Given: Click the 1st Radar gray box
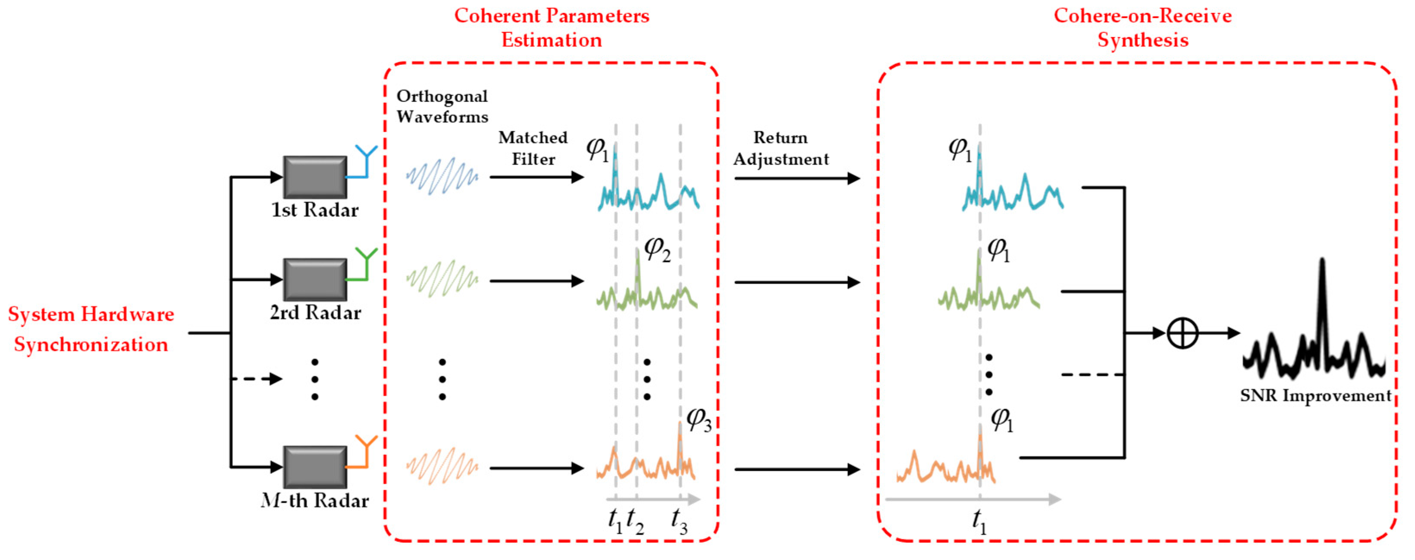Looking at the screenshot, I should click(315, 177).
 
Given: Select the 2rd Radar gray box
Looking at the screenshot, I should click(315, 279).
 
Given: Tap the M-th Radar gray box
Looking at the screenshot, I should click(315, 466).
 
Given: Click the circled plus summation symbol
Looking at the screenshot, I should click(1182, 333).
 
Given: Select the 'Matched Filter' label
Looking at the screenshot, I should click(532, 148).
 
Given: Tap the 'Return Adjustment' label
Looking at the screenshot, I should click(781, 148).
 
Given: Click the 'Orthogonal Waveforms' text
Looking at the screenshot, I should click(442, 106).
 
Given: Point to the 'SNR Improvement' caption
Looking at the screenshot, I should click(1315, 395).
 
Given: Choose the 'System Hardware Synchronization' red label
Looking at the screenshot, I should click(91, 329).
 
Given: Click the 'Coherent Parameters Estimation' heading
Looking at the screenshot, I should click(552, 28).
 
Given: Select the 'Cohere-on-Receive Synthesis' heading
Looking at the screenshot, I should click(1142, 28).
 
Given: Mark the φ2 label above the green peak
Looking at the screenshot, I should click(657, 249).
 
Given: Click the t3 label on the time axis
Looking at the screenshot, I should click(679, 520).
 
